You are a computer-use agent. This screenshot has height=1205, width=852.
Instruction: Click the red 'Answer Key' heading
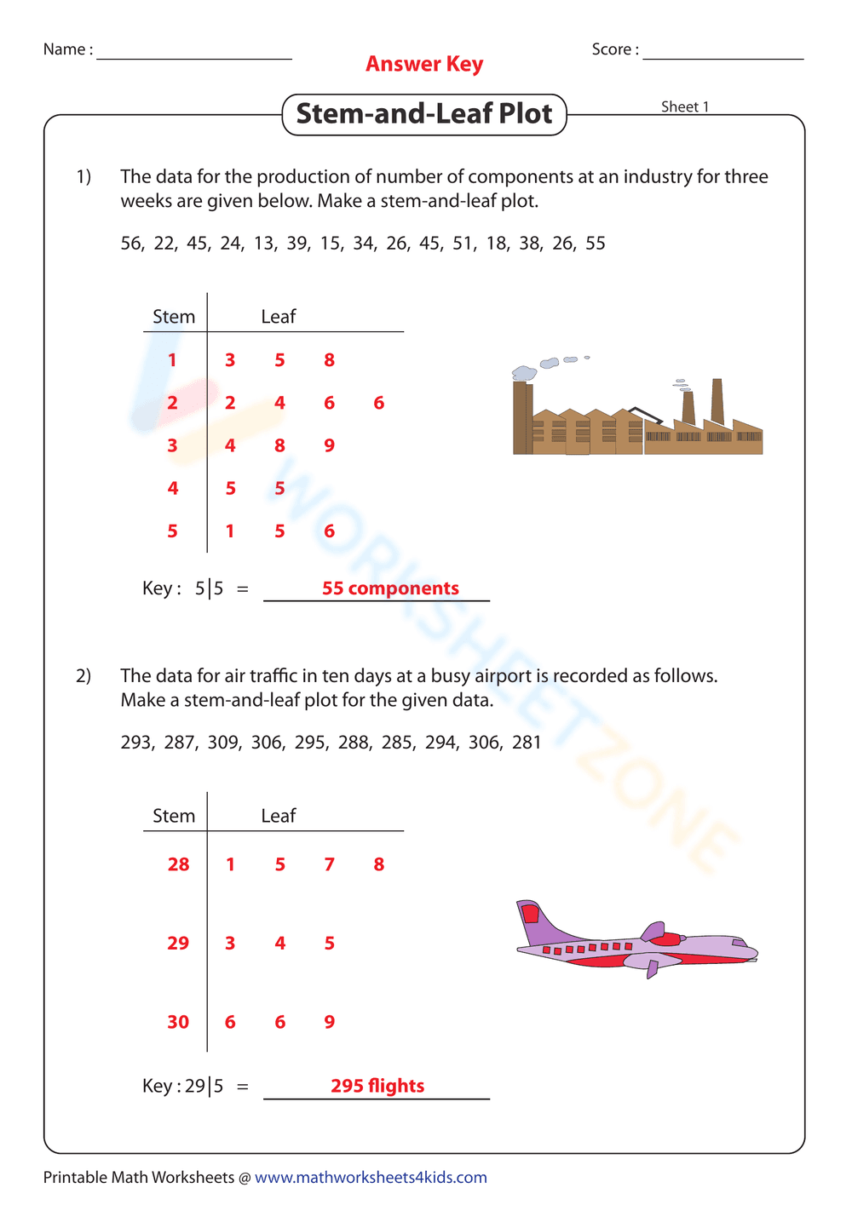(424, 64)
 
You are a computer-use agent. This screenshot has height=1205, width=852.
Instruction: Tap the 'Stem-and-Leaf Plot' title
(424, 114)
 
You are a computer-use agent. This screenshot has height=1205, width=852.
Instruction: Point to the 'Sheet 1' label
(685, 106)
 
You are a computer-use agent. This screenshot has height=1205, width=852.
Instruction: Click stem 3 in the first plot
(173, 445)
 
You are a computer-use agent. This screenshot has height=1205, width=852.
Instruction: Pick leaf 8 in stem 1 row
(329, 360)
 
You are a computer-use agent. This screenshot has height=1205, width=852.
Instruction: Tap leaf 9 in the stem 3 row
(329, 445)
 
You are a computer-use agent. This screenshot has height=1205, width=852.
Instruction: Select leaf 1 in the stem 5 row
(230, 531)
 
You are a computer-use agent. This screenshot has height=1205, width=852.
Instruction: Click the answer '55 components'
(390, 588)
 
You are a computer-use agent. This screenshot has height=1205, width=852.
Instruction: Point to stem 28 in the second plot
(178, 864)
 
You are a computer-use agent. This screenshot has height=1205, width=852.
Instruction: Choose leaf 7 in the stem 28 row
(329, 864)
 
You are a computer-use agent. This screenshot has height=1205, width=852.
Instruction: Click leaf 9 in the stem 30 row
(329, 1022)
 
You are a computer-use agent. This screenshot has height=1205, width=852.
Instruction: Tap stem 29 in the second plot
(178, 944)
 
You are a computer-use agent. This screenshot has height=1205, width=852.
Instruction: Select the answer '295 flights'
(377, 1086)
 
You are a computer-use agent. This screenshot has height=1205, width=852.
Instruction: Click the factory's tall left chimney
(522, 417)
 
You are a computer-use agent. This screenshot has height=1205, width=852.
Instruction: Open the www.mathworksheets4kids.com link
(371, 1177)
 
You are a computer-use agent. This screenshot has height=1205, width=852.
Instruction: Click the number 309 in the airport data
(223, 743)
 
